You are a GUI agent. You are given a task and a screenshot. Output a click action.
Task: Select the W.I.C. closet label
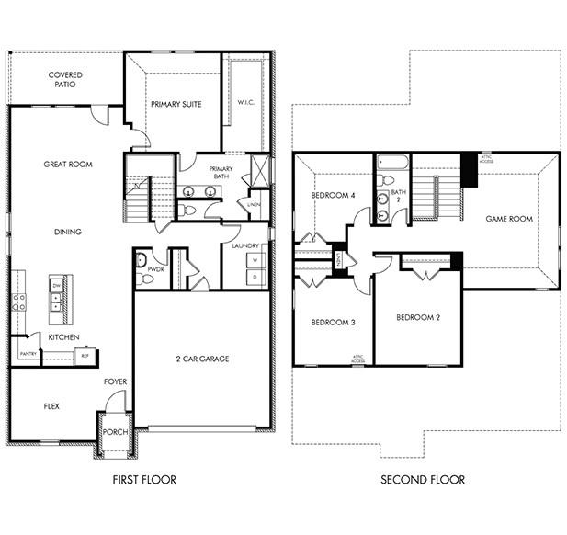(x=245, y=102)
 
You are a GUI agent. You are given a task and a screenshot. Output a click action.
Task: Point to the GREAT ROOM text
(x=68, y=165)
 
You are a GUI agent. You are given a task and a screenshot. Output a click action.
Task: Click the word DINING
(x=67, y=232)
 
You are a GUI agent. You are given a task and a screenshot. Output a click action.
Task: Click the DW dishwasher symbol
(x=57, y=287)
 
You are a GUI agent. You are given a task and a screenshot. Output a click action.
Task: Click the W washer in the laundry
(x=255, y=260)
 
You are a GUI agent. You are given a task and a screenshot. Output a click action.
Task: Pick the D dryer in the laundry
(x=255, y=277)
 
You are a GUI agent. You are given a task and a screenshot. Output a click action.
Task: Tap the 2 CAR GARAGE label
(x=202, y=358)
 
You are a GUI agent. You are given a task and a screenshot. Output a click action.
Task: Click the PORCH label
(x=115, y=431)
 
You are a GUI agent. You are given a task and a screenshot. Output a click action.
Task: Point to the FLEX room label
(x=51, y=404)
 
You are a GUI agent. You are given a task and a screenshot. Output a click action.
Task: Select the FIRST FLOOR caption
(x=144, y=480)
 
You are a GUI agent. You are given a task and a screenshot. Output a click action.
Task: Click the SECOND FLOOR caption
(x=424, y=480)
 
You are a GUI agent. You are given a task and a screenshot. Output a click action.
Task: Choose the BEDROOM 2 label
(x=418, y=318)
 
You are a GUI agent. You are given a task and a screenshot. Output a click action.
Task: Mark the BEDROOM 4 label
(x=333, y=196)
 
